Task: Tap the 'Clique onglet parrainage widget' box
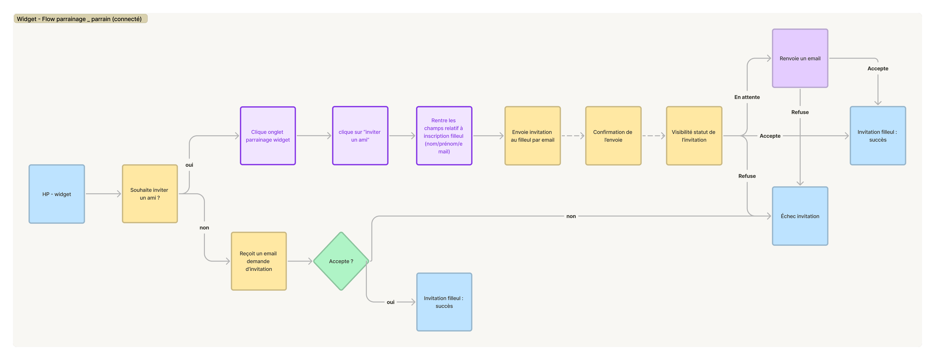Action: click(268, 136)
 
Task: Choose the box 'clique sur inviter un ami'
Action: click(360, 136)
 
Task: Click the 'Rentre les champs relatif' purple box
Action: click(444, 136)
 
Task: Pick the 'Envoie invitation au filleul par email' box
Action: click(533, 136)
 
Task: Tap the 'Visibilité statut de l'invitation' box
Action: click(694, 136)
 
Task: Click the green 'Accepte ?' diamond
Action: click(341, 261)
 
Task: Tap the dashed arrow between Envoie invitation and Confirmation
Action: click(573, 136)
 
